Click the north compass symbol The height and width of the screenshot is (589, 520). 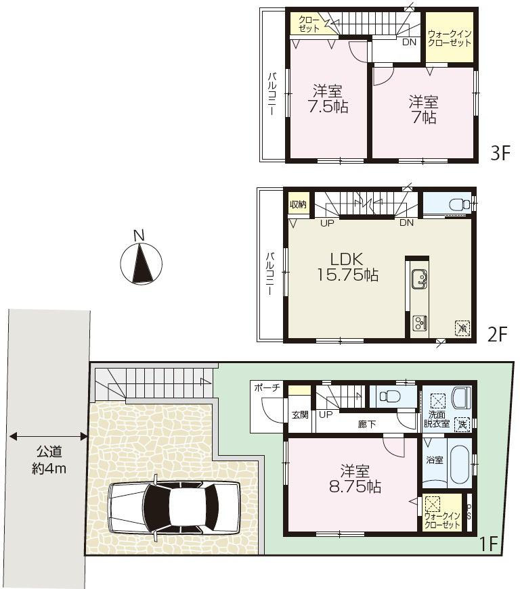(x=141, y=262)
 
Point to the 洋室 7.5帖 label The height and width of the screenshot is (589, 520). (x=327, y=99)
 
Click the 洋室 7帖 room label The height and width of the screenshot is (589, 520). (x=422, y=110)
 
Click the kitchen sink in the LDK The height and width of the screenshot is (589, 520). (x=418, y=279)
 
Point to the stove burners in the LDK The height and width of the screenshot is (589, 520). (x=418, y=323)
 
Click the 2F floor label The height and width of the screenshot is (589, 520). (x=497, y=333)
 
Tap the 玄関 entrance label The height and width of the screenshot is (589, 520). (x=300, y=415)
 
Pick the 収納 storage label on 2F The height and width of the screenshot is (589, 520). (x=297, y=204)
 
